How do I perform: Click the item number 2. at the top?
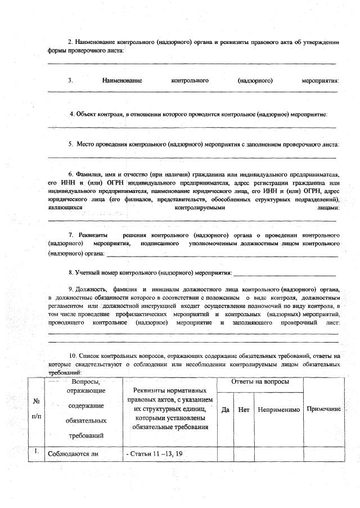click(x=70, y=42)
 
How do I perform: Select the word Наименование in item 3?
click(x=122, y=80)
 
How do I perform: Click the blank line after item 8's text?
click(x=284, y=274)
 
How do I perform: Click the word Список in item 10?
click(x=89, y=356)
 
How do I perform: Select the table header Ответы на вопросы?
click(x=260, y=382)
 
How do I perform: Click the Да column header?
click(x=226, y=410)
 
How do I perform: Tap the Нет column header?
click(x=244, y=410)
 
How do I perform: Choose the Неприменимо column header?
click(x=278, y=410)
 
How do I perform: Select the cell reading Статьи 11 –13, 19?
click(x=151, y=453)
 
